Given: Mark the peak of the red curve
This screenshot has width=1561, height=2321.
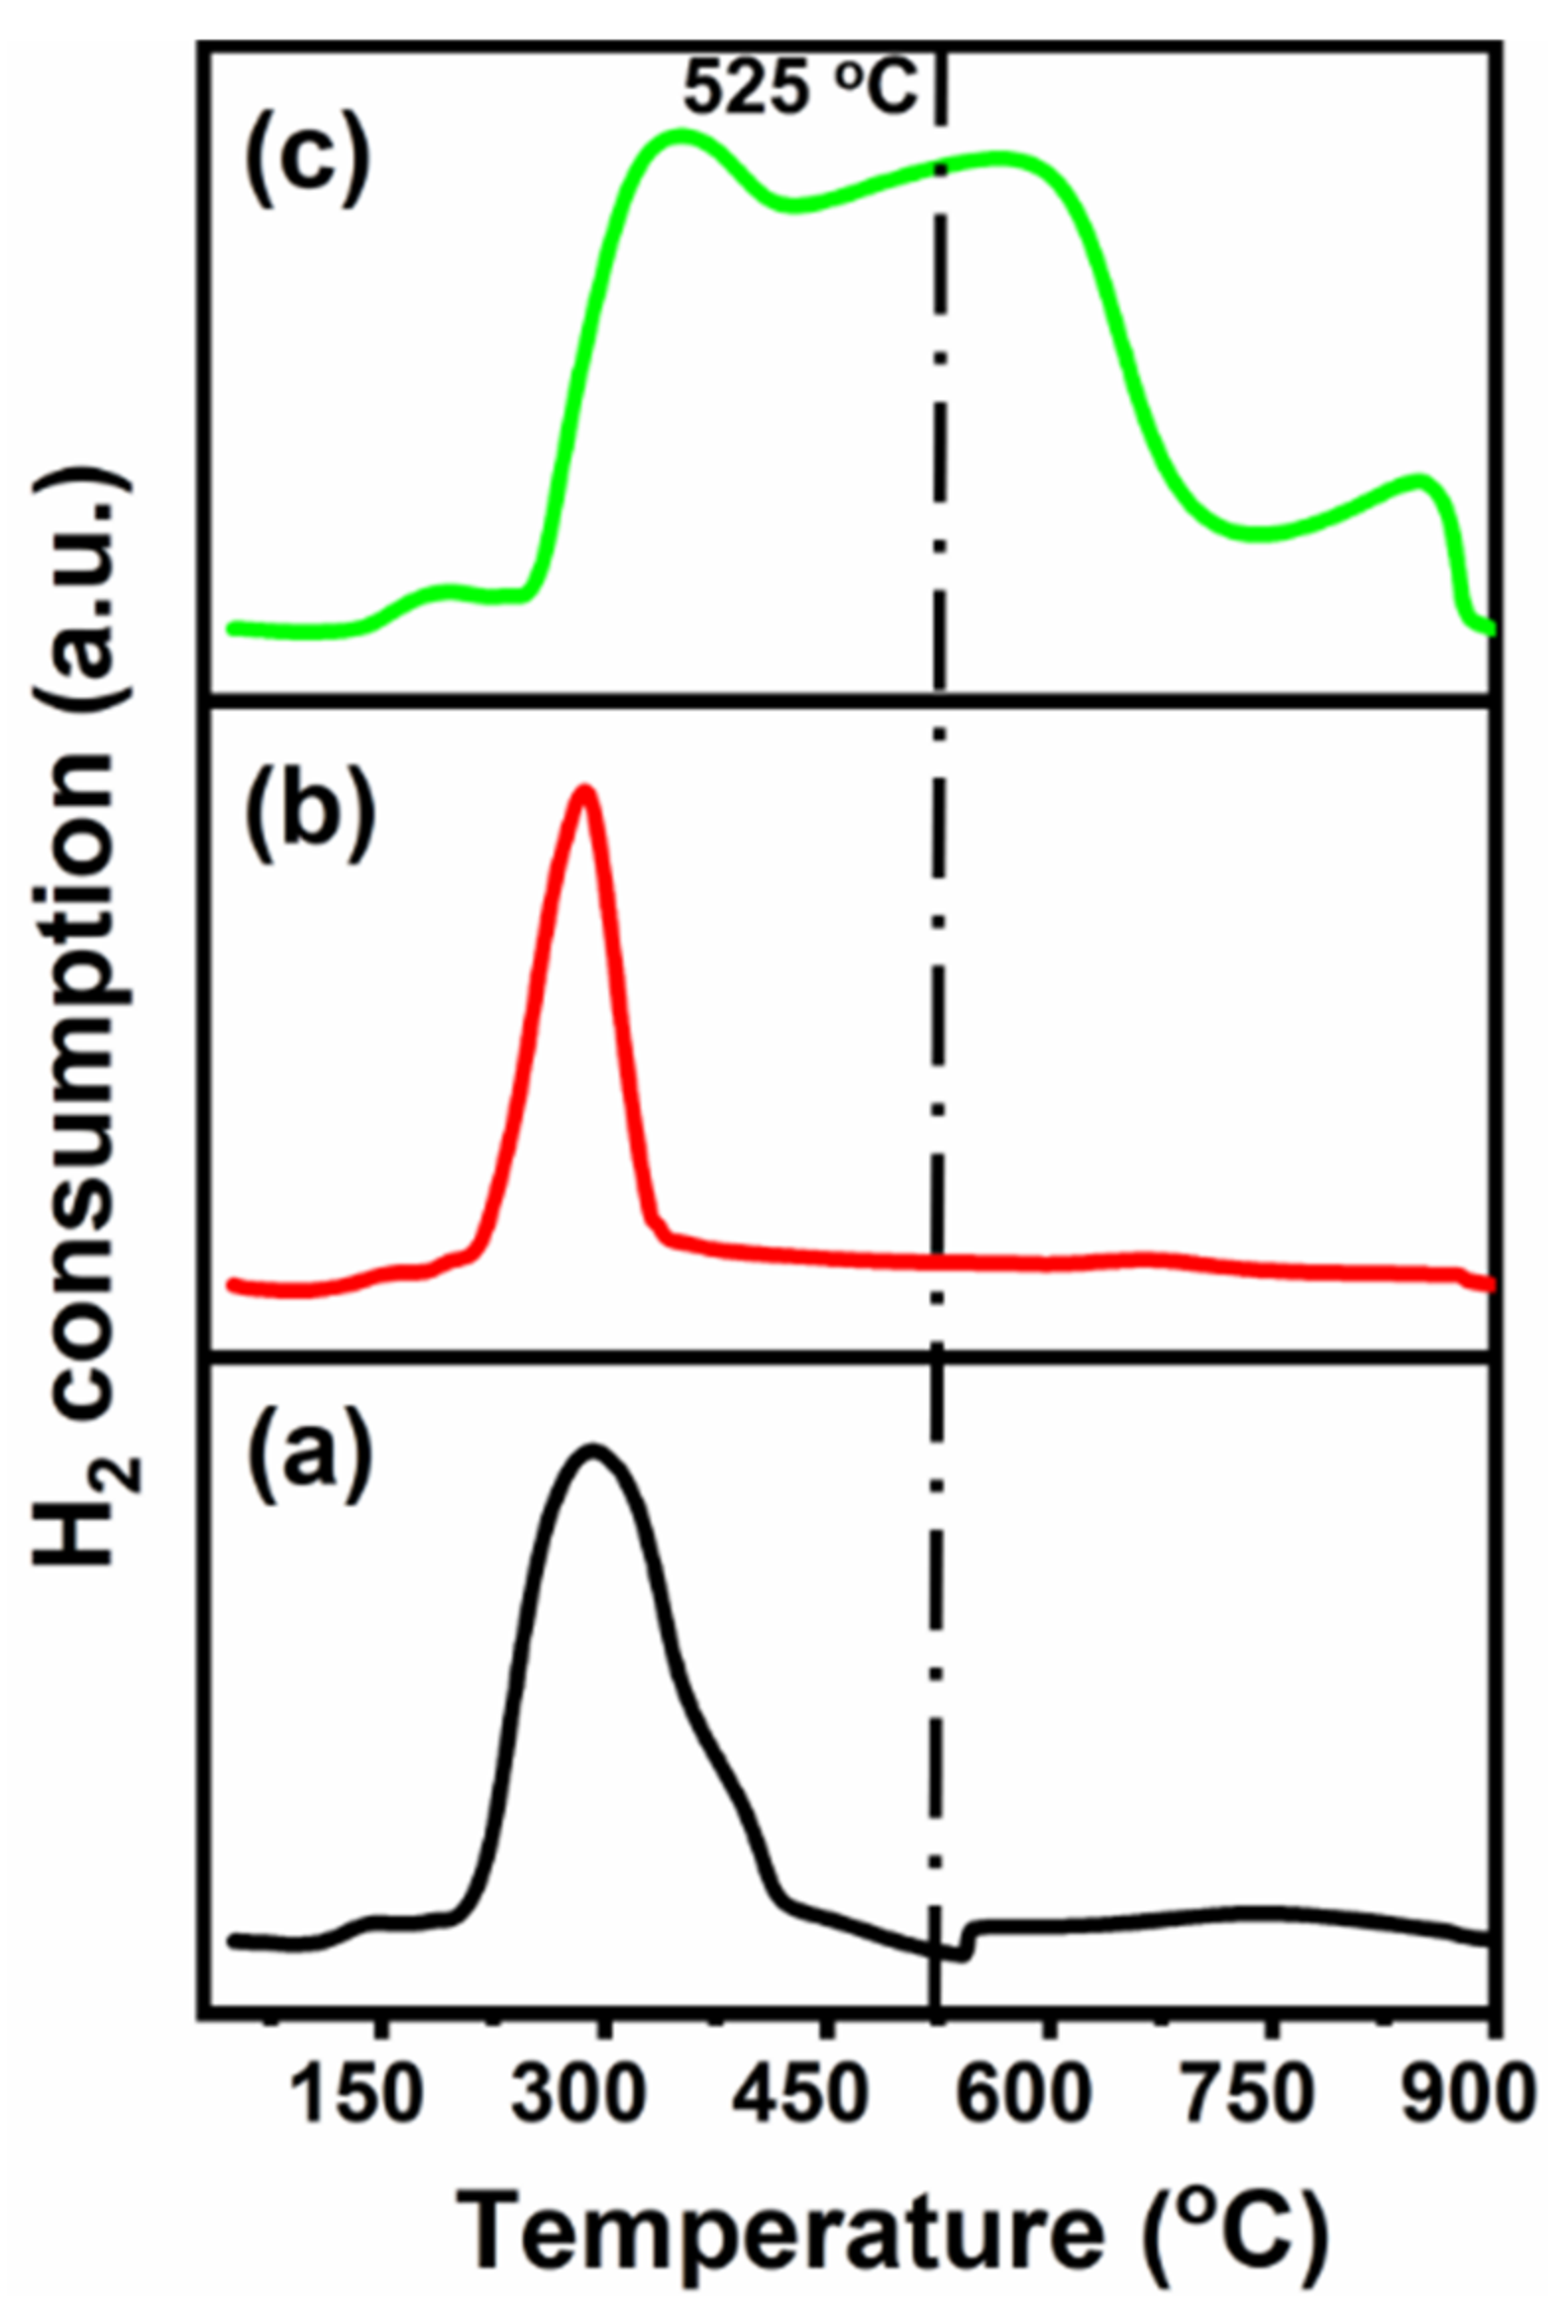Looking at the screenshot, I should pos(585,791).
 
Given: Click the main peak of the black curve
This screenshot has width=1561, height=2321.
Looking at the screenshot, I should pos(594,1448).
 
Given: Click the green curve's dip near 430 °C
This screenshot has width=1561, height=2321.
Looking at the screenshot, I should pos(792,205).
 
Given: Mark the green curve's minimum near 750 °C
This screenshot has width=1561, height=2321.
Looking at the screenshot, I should pos(1259,536).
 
